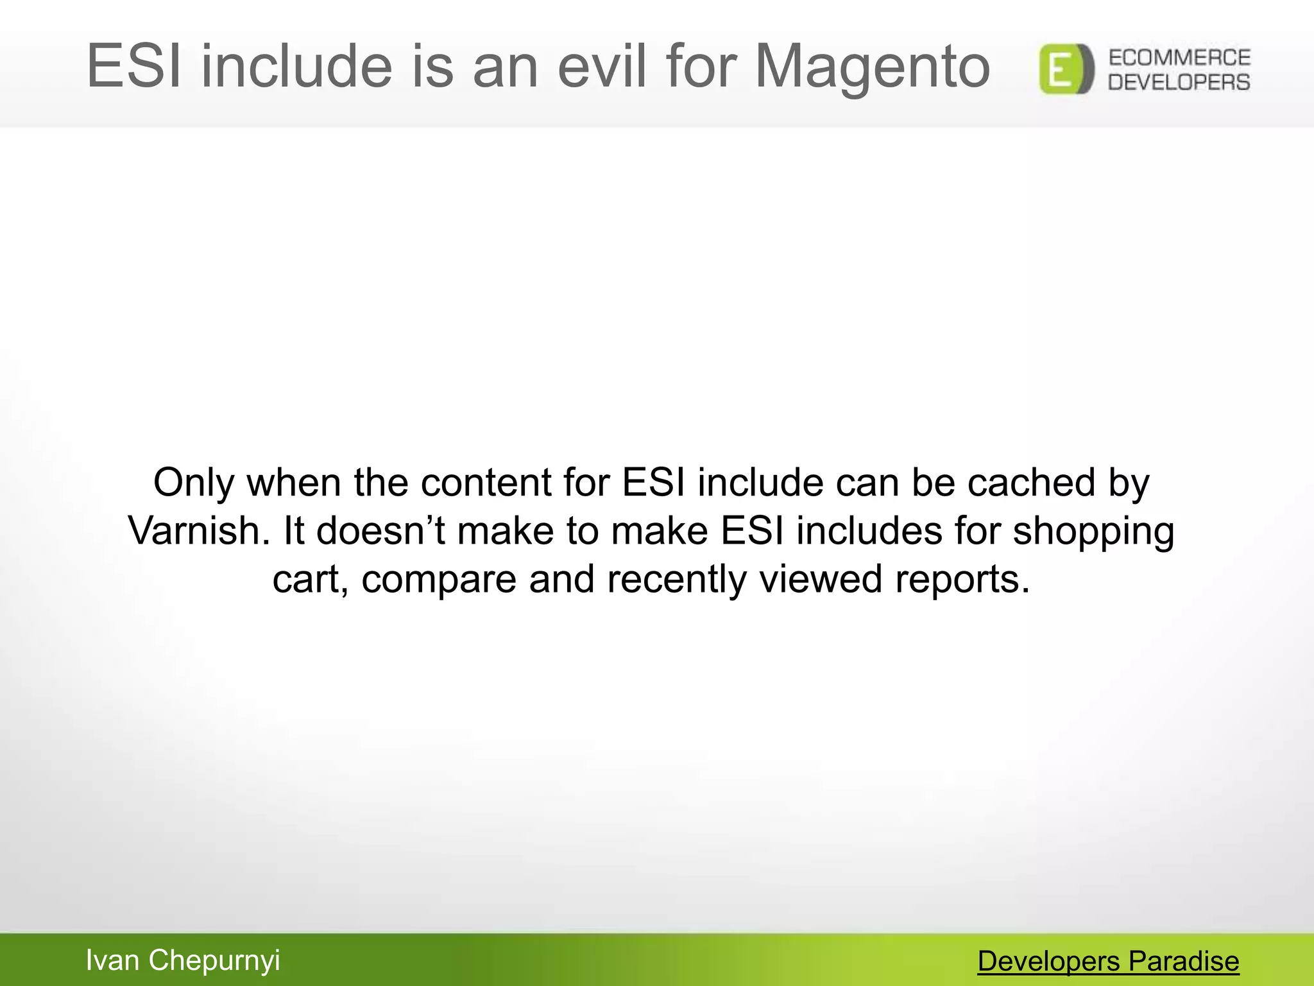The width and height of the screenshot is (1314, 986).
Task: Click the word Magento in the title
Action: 873,66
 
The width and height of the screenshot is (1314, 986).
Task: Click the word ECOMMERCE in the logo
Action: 1179,58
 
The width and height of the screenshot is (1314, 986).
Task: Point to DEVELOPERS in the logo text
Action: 1179,82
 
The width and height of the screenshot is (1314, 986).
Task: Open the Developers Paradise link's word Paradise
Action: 1184,962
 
